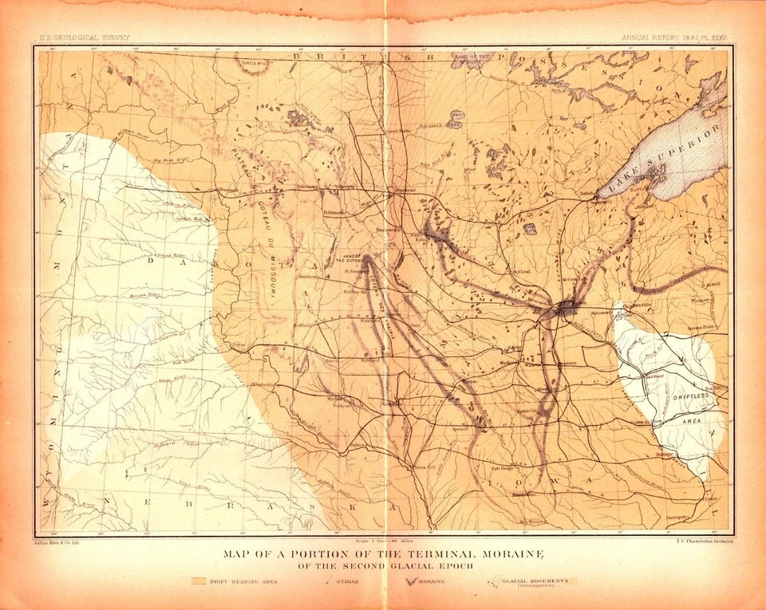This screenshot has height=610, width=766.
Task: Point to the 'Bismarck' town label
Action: pyautogui.click(x=230, y=190)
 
